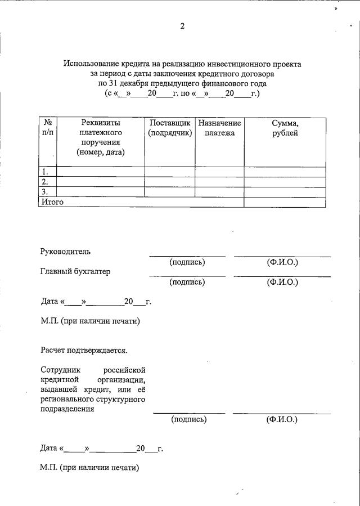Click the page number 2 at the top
pos(182,25)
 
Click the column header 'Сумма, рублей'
pos(285,128)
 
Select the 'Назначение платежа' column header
pos(219,128)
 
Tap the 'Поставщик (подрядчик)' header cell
pos(170,128)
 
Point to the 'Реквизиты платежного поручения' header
pos(101,137)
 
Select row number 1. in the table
pos(45,172)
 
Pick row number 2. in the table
pos(45,182)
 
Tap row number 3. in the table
pos(45,192)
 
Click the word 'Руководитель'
pos(65,251)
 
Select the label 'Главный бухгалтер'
pos(75,271)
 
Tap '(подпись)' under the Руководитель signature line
pos(187,262)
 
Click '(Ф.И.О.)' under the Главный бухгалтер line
pos(282,282)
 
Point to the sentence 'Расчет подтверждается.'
pos(84,350)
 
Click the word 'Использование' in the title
pos(93,64)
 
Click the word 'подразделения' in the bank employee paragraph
pos(67,410)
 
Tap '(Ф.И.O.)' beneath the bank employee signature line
pos(282,419)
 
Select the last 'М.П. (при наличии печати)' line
pos(89,467)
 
